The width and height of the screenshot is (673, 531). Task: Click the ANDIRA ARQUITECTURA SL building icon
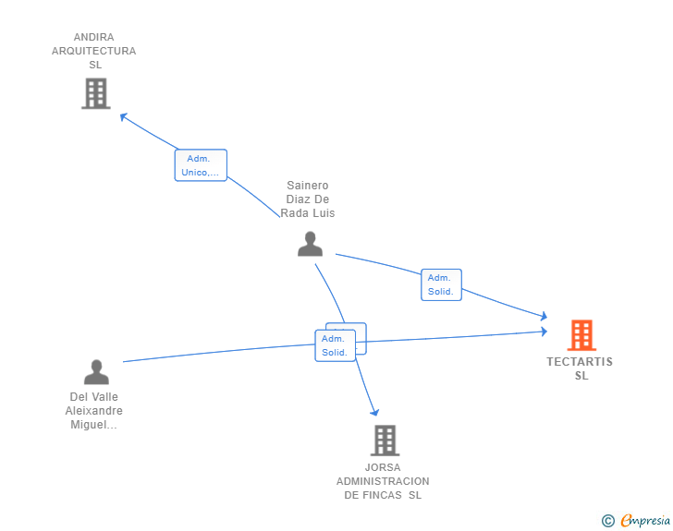coord(95,93)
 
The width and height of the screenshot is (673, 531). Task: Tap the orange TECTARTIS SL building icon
coord(581,334)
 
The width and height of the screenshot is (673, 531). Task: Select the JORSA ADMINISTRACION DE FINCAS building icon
coord(385,440)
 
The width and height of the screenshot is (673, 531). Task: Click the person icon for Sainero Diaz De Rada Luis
coord(310,244)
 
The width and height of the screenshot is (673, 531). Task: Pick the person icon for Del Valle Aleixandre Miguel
coord(96,372)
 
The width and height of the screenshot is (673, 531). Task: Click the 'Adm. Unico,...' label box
coord(201,165)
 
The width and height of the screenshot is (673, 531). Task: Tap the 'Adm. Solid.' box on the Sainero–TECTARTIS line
coord(441,284)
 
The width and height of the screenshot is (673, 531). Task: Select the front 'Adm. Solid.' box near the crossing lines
coord(335,345)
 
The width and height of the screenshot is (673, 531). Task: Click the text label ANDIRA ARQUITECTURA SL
coord(94,51)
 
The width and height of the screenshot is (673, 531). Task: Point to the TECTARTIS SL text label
coord(580,368)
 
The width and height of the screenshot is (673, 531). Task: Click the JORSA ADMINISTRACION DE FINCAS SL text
coord(383,481)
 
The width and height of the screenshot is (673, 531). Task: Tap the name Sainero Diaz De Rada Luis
coord(308,199)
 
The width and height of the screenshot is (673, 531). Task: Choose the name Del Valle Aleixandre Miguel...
coord(94,411)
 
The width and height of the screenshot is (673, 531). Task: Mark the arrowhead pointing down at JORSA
coord(374,412)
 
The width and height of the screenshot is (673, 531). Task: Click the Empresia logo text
coord(645,521)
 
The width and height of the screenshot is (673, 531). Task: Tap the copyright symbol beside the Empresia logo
coord(608,521)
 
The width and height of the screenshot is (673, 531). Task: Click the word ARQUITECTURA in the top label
coord(94,51)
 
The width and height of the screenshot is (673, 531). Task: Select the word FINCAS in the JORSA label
coord(382,495)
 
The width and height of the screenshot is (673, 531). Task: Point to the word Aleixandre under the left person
coord(94,411)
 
